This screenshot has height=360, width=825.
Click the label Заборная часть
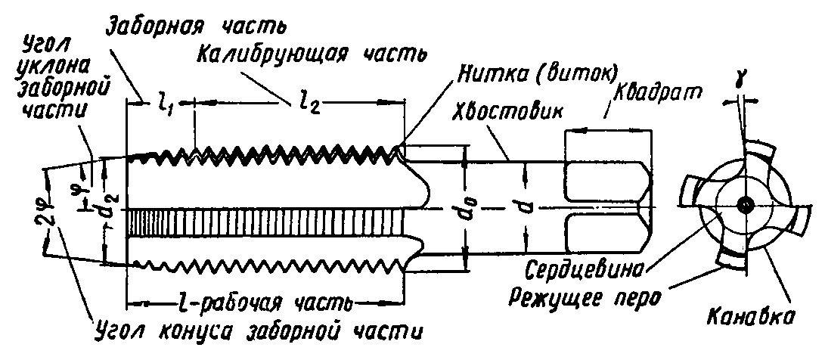(194, 27)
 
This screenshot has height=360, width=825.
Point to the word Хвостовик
(507, 110)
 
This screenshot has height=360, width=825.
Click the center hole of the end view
(746, 205)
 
